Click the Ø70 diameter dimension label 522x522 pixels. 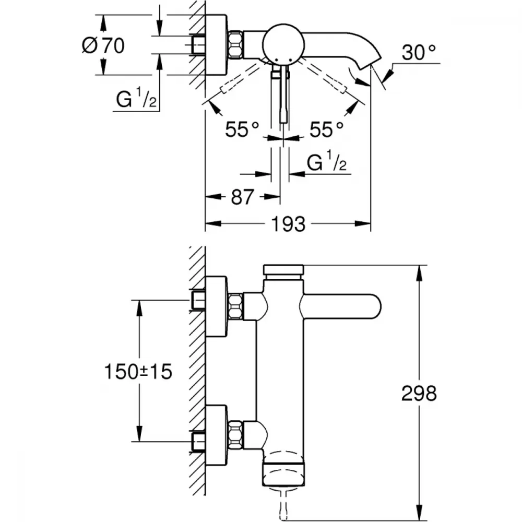click(x=103, y=46)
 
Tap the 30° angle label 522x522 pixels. click(x=419, y=53)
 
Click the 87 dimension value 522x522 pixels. click(x=241, y=197)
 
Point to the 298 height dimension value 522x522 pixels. click(x=419, y=394)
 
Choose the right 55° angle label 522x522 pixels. click(x=326, y=129)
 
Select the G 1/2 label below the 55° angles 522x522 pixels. click(x=327, y=164)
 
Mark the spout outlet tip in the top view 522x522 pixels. click(x=367, y=66)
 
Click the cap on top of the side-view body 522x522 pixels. click(x=283, y=271)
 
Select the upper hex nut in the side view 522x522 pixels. click(x=235, y=306)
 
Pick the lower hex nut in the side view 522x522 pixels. click(x=235, y=434)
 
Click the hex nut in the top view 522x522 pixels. click(x=235, y=44)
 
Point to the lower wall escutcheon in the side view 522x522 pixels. click(x=216, y=434)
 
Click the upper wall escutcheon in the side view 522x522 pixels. click(x=216, y=306)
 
